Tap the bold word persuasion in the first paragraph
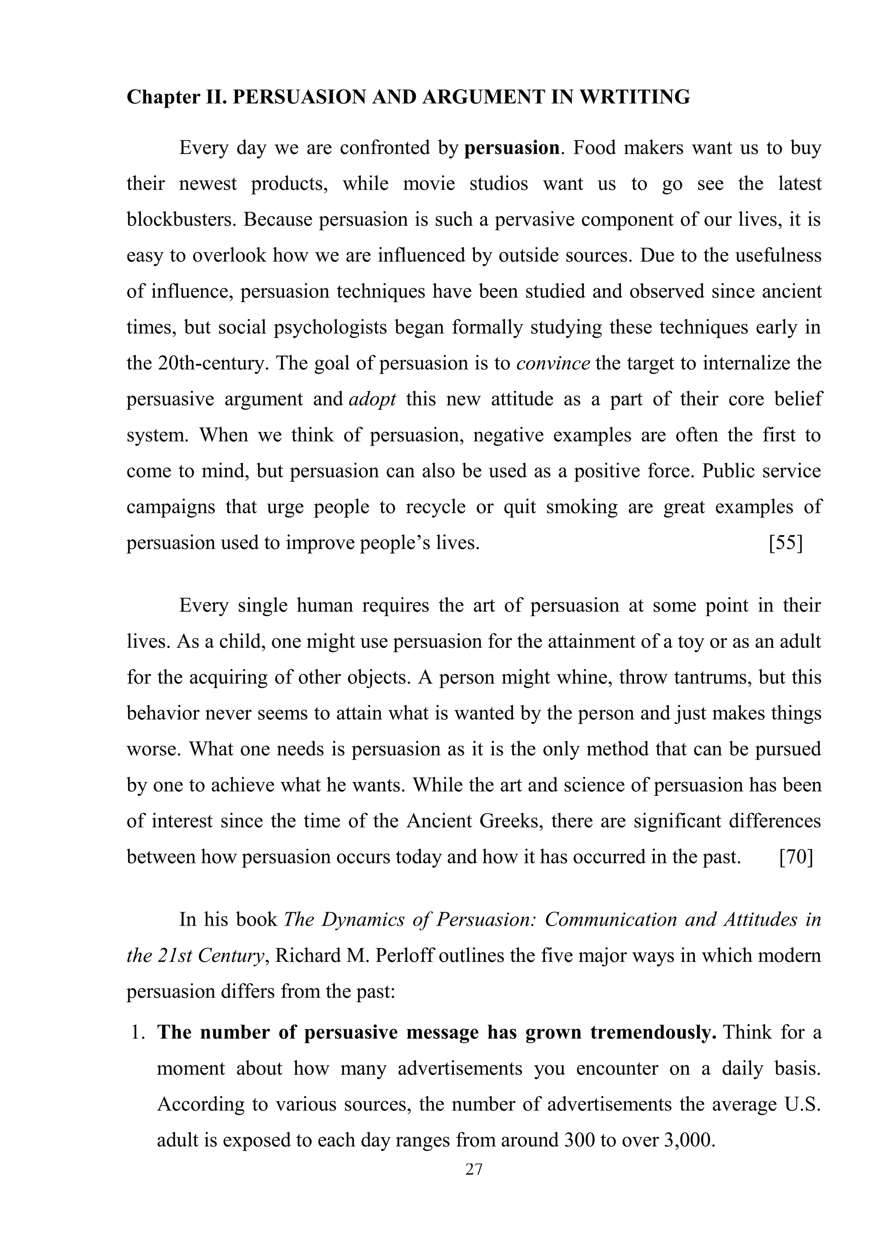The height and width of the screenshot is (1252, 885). (511, 148)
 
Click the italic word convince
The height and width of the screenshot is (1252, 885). (553, 363)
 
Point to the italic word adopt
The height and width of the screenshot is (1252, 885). (372, 399)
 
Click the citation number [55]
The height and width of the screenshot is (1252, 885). (785, 543)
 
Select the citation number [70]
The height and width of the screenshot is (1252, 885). (796, 857)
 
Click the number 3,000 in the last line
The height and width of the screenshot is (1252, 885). (687, 1140)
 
